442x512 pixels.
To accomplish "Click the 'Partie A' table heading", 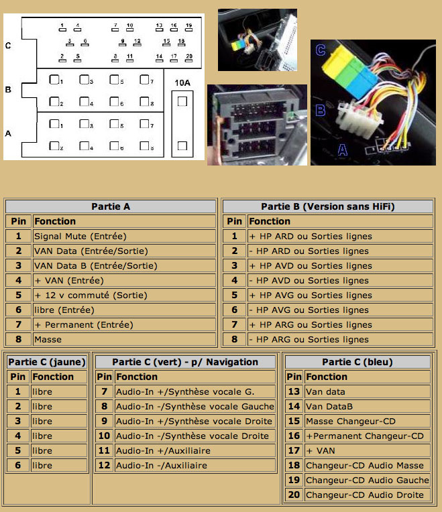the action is pyautogui.click(x=111, y=206).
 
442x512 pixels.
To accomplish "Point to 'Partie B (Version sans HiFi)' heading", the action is pyautogui.click(x=328, y=206).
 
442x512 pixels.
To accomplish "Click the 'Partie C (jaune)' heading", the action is pyautogui.click(x=47, y=362).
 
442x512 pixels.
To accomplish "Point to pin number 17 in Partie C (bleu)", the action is pyautogui.click(x=294, y=450).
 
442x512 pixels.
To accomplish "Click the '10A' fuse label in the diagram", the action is pyautogui.click(x=182, y=83).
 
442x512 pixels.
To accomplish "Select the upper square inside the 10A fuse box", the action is pyautogui.click(x=182, y=102).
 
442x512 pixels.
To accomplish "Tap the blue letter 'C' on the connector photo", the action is pyautogui.click(x=321, y=50).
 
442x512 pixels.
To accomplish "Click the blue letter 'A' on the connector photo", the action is pyautogui.click(x=342, y=150).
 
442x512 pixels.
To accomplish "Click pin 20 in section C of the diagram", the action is pyautogui.click(x=189, y=58).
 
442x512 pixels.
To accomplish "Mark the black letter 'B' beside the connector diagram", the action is pyautogui.click(x=8, y=90).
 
